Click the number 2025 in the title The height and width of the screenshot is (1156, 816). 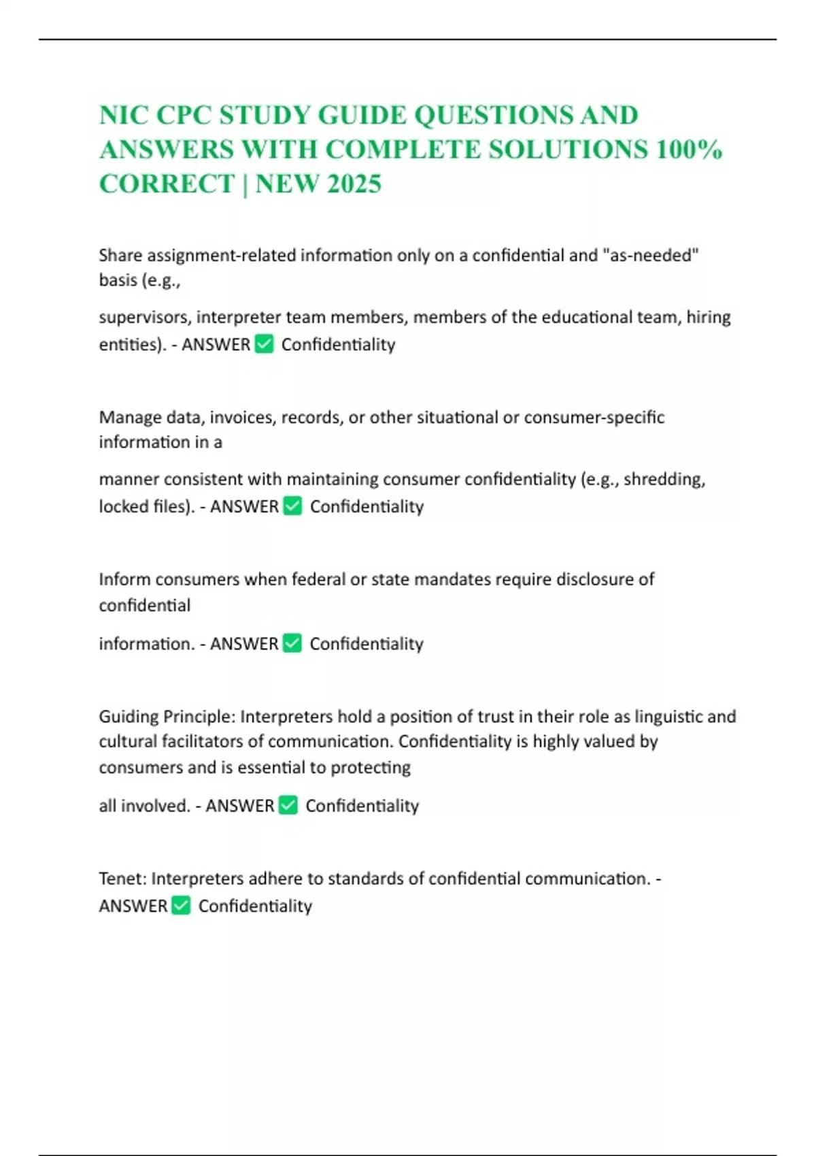(x=354, y=184)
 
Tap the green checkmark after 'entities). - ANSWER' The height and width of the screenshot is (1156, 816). (x=264, y=344)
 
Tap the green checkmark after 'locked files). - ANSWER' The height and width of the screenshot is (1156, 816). (x=292, y=506)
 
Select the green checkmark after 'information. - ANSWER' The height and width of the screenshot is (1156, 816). (x=292, y=643)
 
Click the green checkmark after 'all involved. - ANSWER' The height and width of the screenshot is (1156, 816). (x=288, y=805)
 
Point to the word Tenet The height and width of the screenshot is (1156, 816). (x=122, y=879)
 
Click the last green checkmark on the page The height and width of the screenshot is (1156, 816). (x=181, y=906)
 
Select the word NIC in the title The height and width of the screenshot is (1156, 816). (x=122, y=115)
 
